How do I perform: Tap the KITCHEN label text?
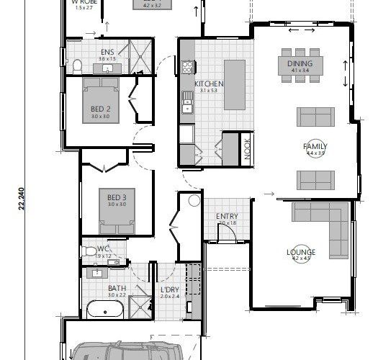[x=209, y=84]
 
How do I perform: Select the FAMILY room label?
[x=315, y=147]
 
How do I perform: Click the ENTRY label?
[x=228, y=217]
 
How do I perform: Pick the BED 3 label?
[x=117, y=197]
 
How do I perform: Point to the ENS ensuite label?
[x=107, y=52]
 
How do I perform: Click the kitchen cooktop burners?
[x=189, y=68]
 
